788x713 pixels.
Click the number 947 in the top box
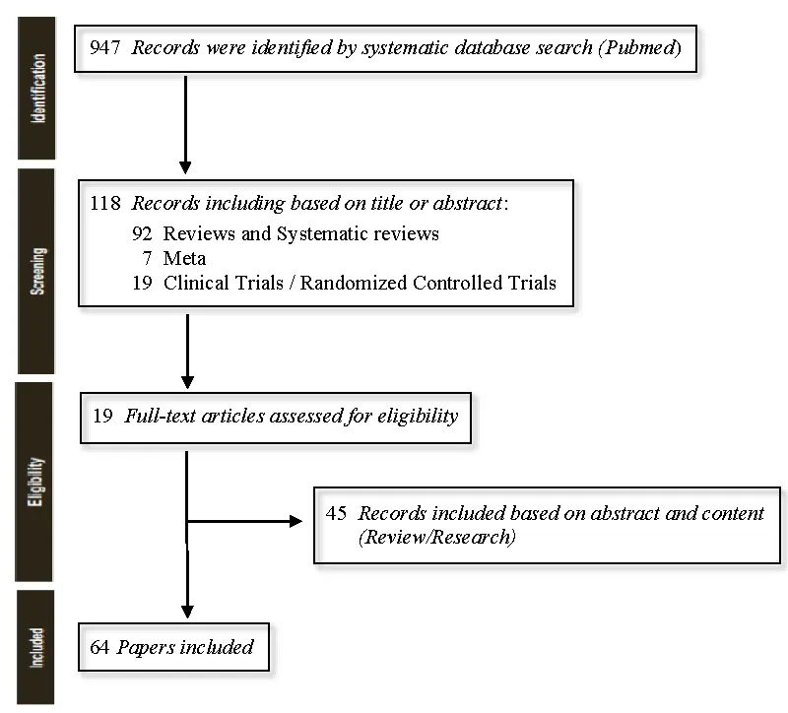point(103,48)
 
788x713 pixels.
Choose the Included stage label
point(39,647)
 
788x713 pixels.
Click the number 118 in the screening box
point(103,204)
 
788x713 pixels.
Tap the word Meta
point(184,259)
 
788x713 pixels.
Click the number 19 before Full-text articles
point(102,416)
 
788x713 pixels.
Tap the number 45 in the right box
point(336,513)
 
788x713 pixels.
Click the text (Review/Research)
point(437,538)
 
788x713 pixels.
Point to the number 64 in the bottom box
point(99,647)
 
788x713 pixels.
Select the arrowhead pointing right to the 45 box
point(296,521)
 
